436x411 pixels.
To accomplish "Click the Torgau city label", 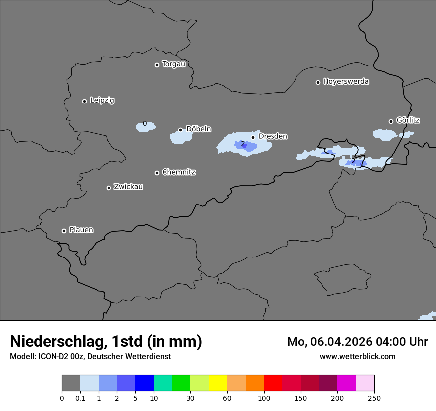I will (x=173, y=64).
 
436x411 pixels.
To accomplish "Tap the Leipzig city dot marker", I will (x=85, y=101).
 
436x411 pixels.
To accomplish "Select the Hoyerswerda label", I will (x=346, y=82).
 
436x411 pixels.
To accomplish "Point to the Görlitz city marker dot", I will (x=391, y=121).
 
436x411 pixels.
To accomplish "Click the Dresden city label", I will (x=272, y=136).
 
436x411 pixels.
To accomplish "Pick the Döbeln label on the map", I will (x=198, y=129).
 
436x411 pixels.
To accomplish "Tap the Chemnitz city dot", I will (x=157, y=173).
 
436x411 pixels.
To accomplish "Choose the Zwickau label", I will (x=128, y=187).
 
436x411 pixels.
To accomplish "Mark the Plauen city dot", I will (x=64, y=231).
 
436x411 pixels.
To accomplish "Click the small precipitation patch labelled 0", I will (x=146, y=127).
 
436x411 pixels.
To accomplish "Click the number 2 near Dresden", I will (x=243, y=144).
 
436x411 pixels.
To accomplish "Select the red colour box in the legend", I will (x=273, y=383).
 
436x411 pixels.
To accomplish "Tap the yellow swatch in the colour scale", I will (x=218, y=383).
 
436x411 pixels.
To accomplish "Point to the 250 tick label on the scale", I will (x=374, y=398).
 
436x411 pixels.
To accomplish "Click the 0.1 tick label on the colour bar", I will (x=80, y=398).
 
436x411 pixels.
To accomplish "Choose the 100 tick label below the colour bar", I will (x=264, y=398).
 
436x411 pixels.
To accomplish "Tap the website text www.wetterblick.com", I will (x=357, y=356).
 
